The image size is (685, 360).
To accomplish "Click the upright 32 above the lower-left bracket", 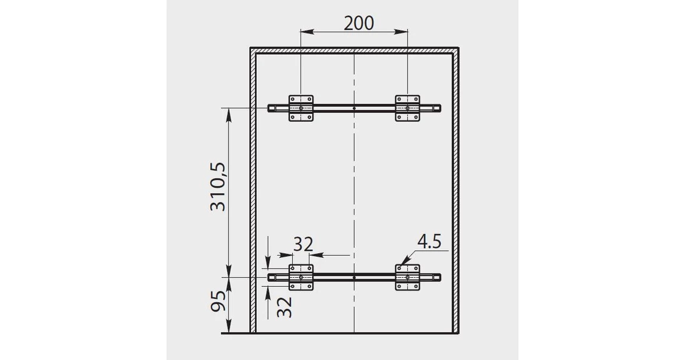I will pos(302,244).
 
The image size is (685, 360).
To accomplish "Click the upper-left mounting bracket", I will pos(301,108).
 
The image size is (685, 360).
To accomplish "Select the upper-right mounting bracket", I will pos(407,108).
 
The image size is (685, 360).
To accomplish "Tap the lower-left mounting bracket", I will pos(301,277).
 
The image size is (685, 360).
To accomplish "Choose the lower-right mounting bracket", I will pos(407,277).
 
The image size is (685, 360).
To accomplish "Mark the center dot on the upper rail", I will pos(354,108).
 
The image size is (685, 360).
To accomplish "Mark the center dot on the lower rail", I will pos(354,277).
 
